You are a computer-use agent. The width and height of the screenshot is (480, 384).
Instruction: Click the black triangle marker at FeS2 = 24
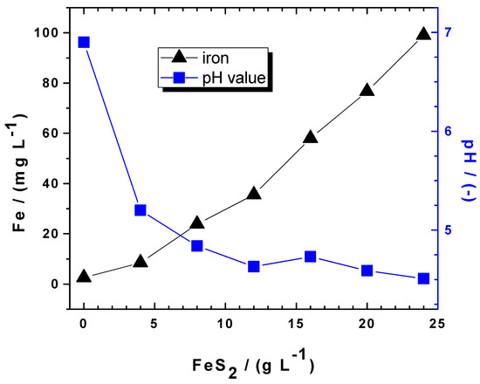tap(423, 34)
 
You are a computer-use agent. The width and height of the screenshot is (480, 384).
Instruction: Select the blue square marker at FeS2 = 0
tap(84, 42)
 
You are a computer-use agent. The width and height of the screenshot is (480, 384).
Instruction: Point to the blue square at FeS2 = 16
tap(310, 257)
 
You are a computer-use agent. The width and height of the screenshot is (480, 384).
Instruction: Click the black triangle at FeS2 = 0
tap(84, 276)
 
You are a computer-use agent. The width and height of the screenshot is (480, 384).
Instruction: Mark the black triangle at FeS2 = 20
tap(367, 90)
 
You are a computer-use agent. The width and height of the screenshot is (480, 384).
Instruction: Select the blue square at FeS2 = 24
tap(423, 278)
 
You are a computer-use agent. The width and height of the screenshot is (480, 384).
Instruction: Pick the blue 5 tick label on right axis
tap(449, 230)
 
